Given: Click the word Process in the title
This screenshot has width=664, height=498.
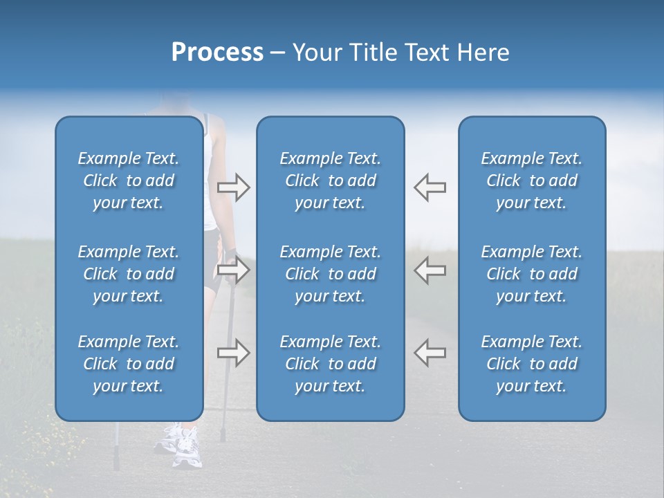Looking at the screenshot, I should click(x=217, y=53).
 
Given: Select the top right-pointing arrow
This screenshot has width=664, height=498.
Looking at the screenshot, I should click(x=233, y=187).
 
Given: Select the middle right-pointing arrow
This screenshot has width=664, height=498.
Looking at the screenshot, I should click(x=233, y=270).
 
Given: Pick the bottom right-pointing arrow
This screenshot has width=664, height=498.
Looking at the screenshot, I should click(x=233, y=353).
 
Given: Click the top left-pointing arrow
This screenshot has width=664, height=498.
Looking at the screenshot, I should click(x=430, y=187).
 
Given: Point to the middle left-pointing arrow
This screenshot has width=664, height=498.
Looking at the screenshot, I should click(x=430, y=270).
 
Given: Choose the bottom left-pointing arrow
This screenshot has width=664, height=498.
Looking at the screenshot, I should click(x=430, y=353).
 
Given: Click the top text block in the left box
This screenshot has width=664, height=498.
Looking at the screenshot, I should click(x=129, y=181).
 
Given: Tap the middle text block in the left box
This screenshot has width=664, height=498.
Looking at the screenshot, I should click(x=129, y=274).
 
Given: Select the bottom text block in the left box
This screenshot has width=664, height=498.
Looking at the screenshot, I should click(x=129, y=364).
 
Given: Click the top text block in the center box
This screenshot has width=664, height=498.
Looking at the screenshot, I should click(x=330, y=181).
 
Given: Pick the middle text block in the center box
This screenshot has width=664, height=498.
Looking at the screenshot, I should click(x=330, y=274).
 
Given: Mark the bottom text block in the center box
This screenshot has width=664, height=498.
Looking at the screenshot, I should click(x=330, y=364).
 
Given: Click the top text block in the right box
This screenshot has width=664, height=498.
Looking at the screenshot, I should click(x=531, y=181).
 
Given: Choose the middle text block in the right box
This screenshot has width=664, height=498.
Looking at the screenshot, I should click(x=531, y=274).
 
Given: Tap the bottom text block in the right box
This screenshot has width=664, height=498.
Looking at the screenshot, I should click(x=531, y=364).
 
